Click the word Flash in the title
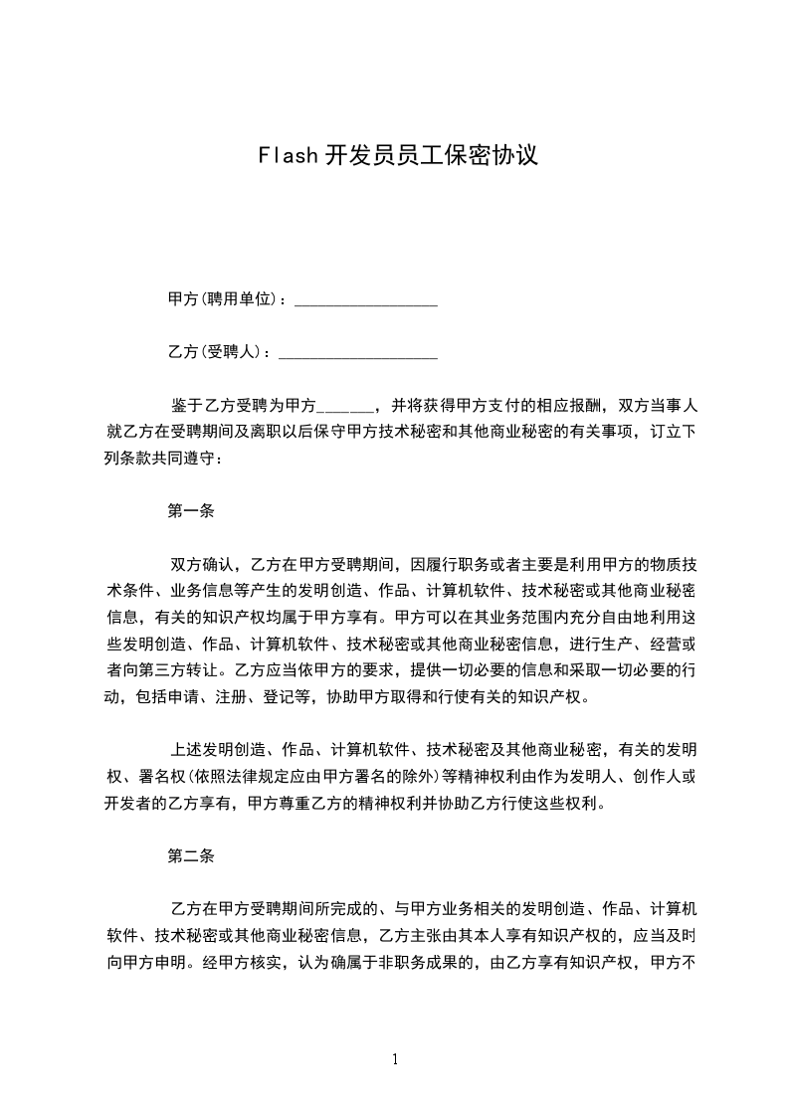tap(287, 155)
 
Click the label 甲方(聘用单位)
tap(224, 298)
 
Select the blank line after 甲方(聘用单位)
tap(366, 300)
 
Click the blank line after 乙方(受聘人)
tap(358, 354)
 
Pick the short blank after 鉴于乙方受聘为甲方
tap(344, 407)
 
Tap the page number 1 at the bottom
tap(395, 1059)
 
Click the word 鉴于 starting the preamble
tap(186, 406)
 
